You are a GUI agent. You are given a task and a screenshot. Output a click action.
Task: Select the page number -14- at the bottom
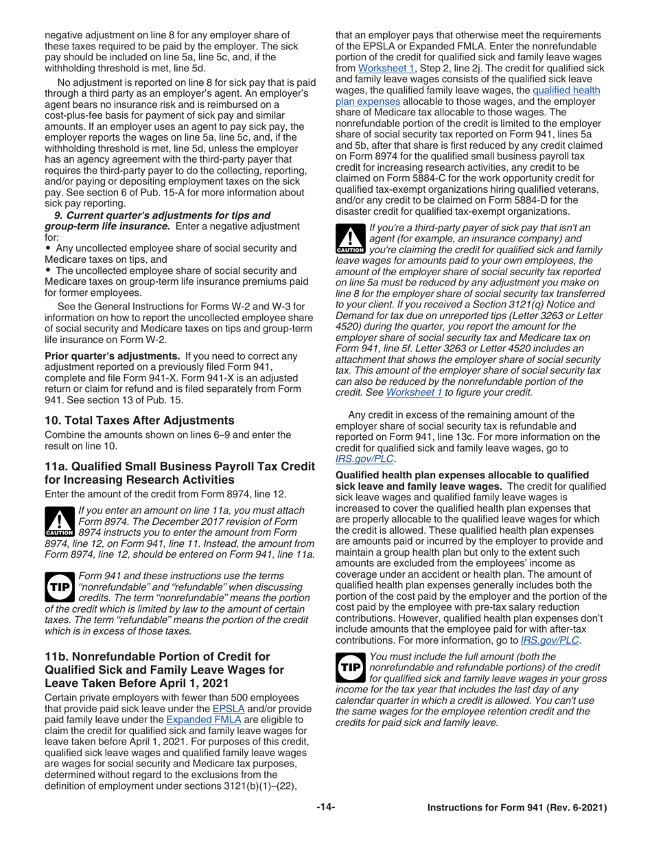(326, 808)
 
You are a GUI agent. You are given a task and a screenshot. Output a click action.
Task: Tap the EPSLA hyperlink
(224, 708)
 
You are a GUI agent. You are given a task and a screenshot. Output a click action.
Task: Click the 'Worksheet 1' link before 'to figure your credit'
(414, 392)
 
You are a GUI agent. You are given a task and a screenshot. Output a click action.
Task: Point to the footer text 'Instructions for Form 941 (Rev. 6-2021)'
(517, 808)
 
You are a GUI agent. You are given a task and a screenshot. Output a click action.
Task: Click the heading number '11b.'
(58, 657)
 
